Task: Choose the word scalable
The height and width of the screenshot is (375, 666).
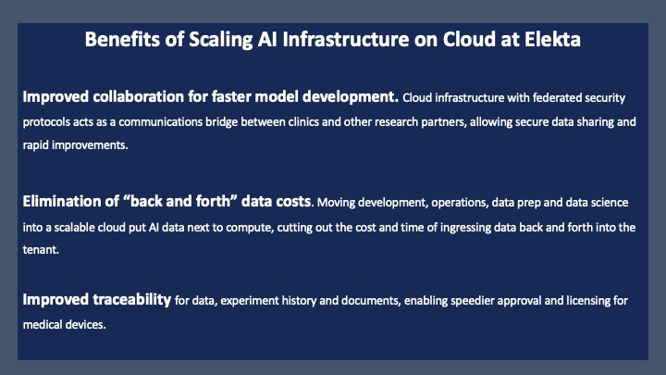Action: pos(74,228)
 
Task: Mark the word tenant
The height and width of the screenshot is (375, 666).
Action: pos(41,250)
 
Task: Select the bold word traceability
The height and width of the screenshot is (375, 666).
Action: pos(132,300)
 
